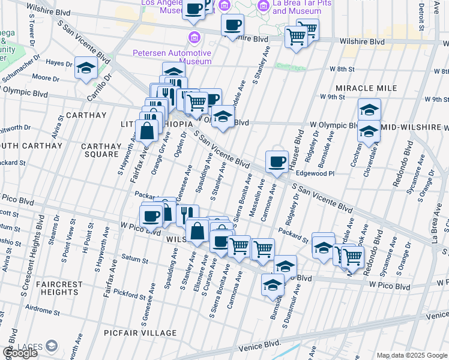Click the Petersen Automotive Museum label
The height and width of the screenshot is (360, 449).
pos(172,57)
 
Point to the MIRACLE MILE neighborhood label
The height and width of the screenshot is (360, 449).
pos(366,88)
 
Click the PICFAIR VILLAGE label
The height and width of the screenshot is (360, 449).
pos(148,333)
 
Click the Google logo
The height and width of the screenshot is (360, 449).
pos(20,353)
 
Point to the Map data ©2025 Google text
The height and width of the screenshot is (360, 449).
pos(412,355)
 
